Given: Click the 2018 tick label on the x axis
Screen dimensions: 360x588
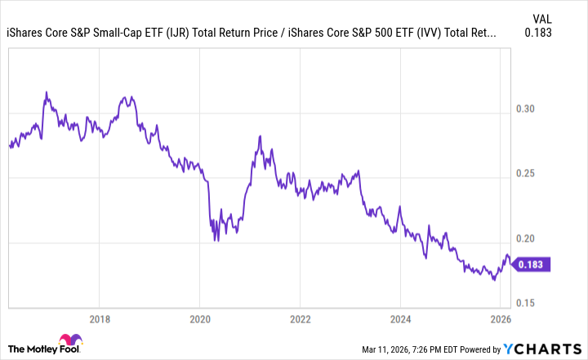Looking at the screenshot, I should click(100, 318).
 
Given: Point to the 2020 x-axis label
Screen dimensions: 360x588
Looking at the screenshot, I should click(200, 318).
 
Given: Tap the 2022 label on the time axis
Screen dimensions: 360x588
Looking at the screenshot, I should click(301, 318).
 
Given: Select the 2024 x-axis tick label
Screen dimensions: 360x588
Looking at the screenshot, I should click(401, 318).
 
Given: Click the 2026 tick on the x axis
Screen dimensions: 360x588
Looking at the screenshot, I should click(501, 318).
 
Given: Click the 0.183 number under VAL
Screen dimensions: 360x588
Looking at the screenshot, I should click(540, 33).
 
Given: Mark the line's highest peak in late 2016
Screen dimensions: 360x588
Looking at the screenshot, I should click(47, 92).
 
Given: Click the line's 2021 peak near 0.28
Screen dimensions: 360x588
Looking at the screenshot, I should click(259, 136).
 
